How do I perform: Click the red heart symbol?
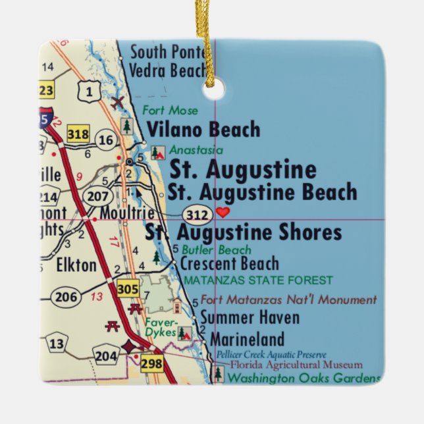tap(223, 212)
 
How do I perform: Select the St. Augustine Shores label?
tap(244, 232)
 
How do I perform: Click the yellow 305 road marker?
tap(128, 288)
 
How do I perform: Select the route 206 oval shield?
tap(66, 297)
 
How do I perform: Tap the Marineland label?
tap(247, 339)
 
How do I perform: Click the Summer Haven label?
tap(250, 318)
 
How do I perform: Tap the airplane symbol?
tap(119, 103)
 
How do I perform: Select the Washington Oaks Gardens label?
tap(304, 378)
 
